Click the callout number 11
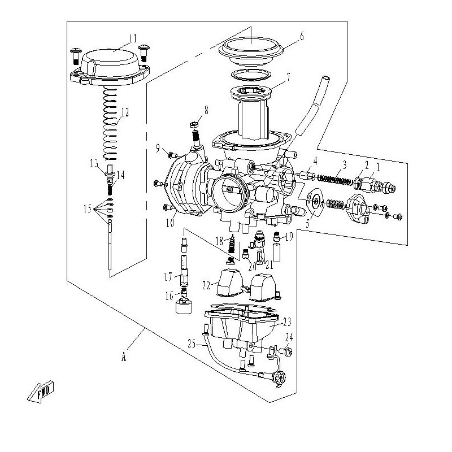point(133,38)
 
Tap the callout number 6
point(302,37)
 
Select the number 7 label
point(288,77)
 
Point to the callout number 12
point(125,112)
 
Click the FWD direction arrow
point(41,392)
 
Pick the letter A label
point(124,357)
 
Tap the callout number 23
point(287,321)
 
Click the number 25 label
point(192,344)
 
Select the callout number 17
point(168,277)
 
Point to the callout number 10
point(170,223)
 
